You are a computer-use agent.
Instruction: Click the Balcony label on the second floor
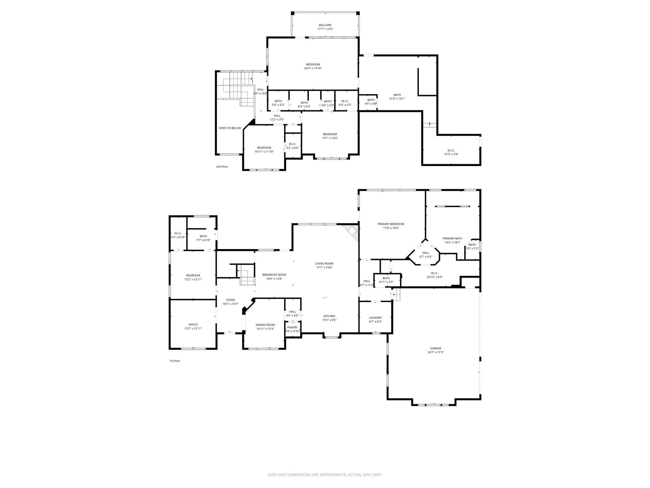(325, 25)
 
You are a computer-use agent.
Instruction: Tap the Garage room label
(435, 348)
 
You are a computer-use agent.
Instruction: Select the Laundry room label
(375, 318)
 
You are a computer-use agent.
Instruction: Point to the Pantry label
(292, 327)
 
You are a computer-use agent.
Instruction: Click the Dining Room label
(265, 325)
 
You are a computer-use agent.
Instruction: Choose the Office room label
(193, 324)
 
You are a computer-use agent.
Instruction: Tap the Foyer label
(230, 300)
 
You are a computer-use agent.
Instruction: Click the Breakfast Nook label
(274, 275)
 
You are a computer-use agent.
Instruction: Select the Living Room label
(324, 263)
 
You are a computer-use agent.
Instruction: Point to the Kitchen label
(329, 316)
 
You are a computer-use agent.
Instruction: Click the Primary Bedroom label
(391, 224)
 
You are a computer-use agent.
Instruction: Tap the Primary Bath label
(452, 238)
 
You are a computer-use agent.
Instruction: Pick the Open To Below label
(230, 128)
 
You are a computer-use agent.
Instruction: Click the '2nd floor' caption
(222, 166)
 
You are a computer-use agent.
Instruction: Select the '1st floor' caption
(175, 361)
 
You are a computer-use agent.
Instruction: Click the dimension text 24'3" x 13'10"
(313, 68)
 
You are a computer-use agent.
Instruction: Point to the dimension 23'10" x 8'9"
(434, 277)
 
